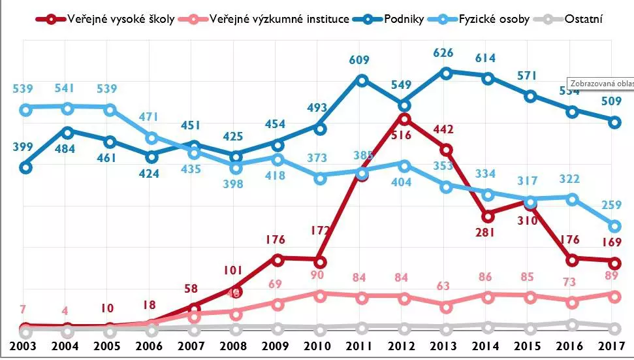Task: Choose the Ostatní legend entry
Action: click(x=575, y=19)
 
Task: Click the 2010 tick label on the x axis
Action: click(x=320, y=345)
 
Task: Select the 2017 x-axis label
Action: click(x=615, y=345)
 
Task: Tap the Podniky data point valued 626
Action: click(x=446, y=73)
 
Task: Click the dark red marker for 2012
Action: click(x=404, y=119)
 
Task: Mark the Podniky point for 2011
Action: click(x=362, y=80)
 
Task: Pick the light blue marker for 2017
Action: click(x=614, y=226)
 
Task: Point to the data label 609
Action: click(x=358, y=61)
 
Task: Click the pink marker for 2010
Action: click(x=320, y=295)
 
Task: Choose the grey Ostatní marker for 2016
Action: click(x=573, y=324)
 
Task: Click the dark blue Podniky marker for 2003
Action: click(x=25, y=167)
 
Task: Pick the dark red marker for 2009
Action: click(x=277, y=259)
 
